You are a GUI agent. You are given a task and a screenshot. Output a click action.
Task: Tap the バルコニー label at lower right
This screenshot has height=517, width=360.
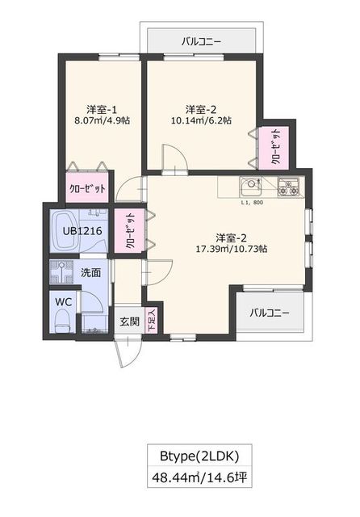[269, 313]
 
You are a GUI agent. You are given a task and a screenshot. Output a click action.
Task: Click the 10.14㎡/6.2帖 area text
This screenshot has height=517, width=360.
[201, 121]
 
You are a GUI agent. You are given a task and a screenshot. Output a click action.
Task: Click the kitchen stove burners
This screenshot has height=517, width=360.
[288, 187]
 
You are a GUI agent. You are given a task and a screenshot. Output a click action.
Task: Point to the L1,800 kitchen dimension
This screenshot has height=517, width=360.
[253, 202]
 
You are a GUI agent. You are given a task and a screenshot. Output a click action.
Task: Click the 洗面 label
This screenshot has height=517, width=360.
[90, 272]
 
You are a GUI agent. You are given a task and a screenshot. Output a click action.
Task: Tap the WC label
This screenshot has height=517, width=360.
[62, 301]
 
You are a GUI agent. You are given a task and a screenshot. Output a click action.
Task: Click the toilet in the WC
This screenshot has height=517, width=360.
[61, 322]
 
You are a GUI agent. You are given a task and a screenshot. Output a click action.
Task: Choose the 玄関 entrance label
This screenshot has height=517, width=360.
[130, 322]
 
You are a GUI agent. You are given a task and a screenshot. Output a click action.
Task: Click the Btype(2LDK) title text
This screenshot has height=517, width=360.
[198, 453]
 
